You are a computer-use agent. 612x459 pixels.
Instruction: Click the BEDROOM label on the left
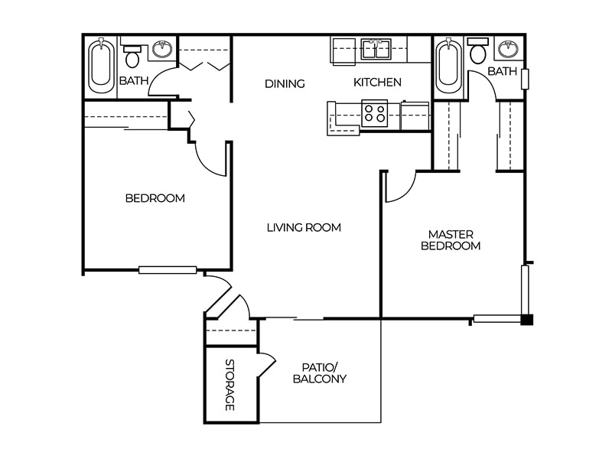pyautogui.click(x=155, y=198)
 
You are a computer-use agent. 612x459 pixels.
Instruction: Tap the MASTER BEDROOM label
pyautogui.click(x=451, y=240)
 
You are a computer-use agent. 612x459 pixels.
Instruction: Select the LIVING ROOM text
pyautogui.click(x=304, y=227)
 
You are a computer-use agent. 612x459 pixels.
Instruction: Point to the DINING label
pyautogui.click(x=285, y=83)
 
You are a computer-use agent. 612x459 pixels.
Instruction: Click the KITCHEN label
pyautogui.click(x=377, y=83)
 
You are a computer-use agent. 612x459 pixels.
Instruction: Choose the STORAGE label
pyautogui.click(x=229, y=385)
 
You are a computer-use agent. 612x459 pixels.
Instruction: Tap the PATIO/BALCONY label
pyautogui.click(x=320, y=373)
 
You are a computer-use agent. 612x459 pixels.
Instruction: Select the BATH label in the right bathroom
pyautogui.click(x=502, y=71)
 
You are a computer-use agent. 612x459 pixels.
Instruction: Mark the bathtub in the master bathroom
pyautogui.click(x=448, y=66)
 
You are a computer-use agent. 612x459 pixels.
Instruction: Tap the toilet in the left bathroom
pyautogui.click(x=132, y=55)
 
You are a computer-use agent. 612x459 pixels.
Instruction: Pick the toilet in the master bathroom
pyautogui.click(x=478, y=51)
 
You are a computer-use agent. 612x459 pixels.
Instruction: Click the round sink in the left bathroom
pyautogui.click(x=161, y=50)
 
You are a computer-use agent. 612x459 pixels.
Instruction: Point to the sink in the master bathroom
pyautogui.click(x=508, y=50)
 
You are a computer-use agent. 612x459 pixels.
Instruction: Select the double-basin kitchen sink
pyautogui.click(x=376, y=49)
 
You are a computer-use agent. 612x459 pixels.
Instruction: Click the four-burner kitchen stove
pyautogui.click(x=375, y=114)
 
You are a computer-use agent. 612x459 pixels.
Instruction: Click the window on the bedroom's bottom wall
pyautogui.click(x=168, y=269)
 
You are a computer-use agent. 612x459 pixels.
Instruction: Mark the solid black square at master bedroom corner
pyautogui.click(x=526, y=320)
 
